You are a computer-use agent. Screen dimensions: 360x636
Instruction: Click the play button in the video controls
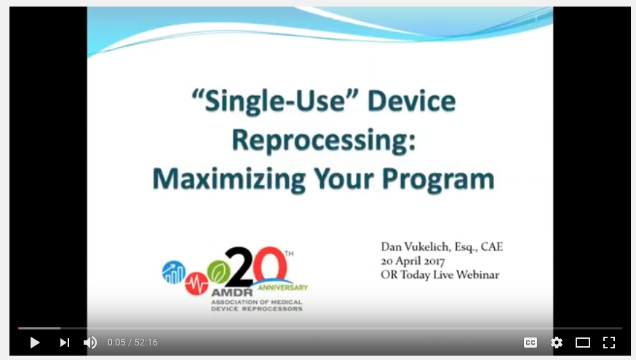pos(34,343)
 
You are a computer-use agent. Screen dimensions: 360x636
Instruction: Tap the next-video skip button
pos(65,343)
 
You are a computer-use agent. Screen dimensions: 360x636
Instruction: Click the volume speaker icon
pos(90,343)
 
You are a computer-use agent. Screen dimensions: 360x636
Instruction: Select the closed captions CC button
pos(530,343)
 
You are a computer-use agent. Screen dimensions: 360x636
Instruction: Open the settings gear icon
pos(557,343)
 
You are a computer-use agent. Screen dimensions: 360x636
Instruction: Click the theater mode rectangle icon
pos(583,343)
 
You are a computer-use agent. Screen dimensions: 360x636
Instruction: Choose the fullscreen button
pos(609,343)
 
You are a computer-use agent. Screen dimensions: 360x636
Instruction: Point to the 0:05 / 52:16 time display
pos(132,343)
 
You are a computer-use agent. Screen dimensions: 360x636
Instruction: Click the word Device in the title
pos(411,101)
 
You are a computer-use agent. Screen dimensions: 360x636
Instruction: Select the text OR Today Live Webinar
pos(440,275)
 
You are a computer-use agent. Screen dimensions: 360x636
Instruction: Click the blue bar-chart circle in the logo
pos(174,272)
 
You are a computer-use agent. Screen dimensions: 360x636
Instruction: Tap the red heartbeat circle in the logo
pos(196,283)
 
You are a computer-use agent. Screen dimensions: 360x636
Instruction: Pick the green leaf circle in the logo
pos(218,271)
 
